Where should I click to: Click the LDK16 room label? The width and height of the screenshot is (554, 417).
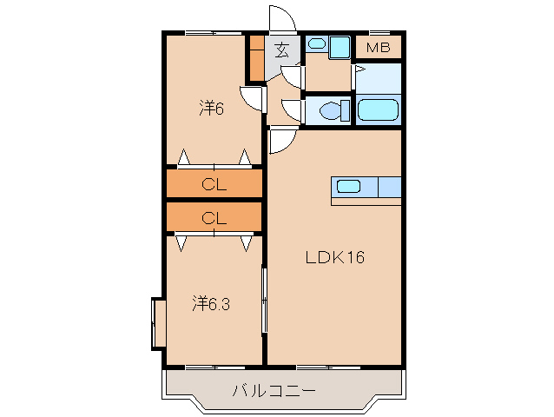coord(334,257)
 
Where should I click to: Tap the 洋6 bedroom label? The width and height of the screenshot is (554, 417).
coord(211,108)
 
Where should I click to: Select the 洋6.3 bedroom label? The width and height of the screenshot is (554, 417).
coord(211,303)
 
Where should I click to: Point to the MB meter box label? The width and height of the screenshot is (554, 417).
coord(378,47)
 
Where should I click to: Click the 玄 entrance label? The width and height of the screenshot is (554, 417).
coord(282,50)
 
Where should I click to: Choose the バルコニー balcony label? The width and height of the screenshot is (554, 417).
coord(274,390)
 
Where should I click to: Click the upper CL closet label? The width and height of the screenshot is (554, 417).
coord(214,184)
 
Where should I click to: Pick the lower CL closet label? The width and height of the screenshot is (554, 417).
coord(214,218)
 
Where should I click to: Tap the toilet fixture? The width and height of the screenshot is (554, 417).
coord(334,110)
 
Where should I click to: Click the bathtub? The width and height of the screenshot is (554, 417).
coord(378,110)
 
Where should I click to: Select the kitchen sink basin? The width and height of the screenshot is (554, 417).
coord(348,186)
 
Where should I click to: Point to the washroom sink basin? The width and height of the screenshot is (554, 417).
coord(317,43)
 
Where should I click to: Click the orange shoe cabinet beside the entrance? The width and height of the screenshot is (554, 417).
coord(257,58)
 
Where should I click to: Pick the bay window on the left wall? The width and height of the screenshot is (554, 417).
coord(158,324)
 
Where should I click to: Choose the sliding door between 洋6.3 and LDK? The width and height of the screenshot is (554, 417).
coord(264,299)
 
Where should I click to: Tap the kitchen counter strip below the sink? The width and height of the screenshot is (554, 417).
coord(366,202)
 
